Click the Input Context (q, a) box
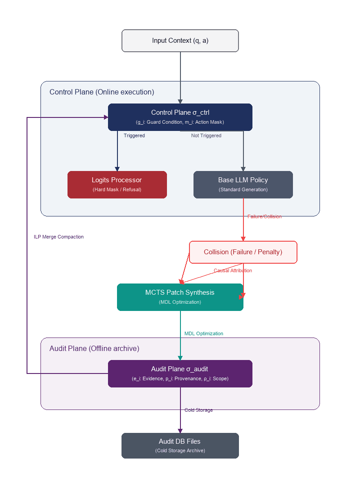pyautogui.click(x=180, y=40)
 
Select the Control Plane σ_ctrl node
pyautogui.click(x=180, y=117)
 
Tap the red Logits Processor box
pyautogui.click(x=117, y=184)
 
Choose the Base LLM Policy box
pyautogui.click(x=243, y=184)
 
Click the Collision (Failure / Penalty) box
pyautogui.click(x=243, y=252)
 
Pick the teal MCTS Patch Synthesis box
pyautogui.click(x=180, y=297)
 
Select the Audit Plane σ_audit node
pyautogui.click(x=180, y=373)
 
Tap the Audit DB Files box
pyautogui.click(x=180, y=445)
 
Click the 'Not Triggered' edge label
pyautogui.click(x=206, y=135)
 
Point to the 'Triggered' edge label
pyautogui.click(x=134, y=135)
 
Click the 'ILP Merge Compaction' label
pyautogui.click(x=59, y=237)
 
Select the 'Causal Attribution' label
pyautogui.click(x=233, y=270)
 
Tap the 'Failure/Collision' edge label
pyautogui.click(x=265, y=216)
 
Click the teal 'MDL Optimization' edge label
pyautogui.click(x=204, y=333)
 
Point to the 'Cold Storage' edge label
pyautogui.click(x=198, y=410)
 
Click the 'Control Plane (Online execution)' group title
pyautogui.click(x=102, y=92)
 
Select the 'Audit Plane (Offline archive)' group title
pyautogui.click(x=94, y=348)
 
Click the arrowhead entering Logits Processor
pyautogui.click(x=117, y=169)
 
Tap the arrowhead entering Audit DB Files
pyautogui.click(x=180, y=431)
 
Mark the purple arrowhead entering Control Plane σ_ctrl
pyautogui.click(x=106, y=117)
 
